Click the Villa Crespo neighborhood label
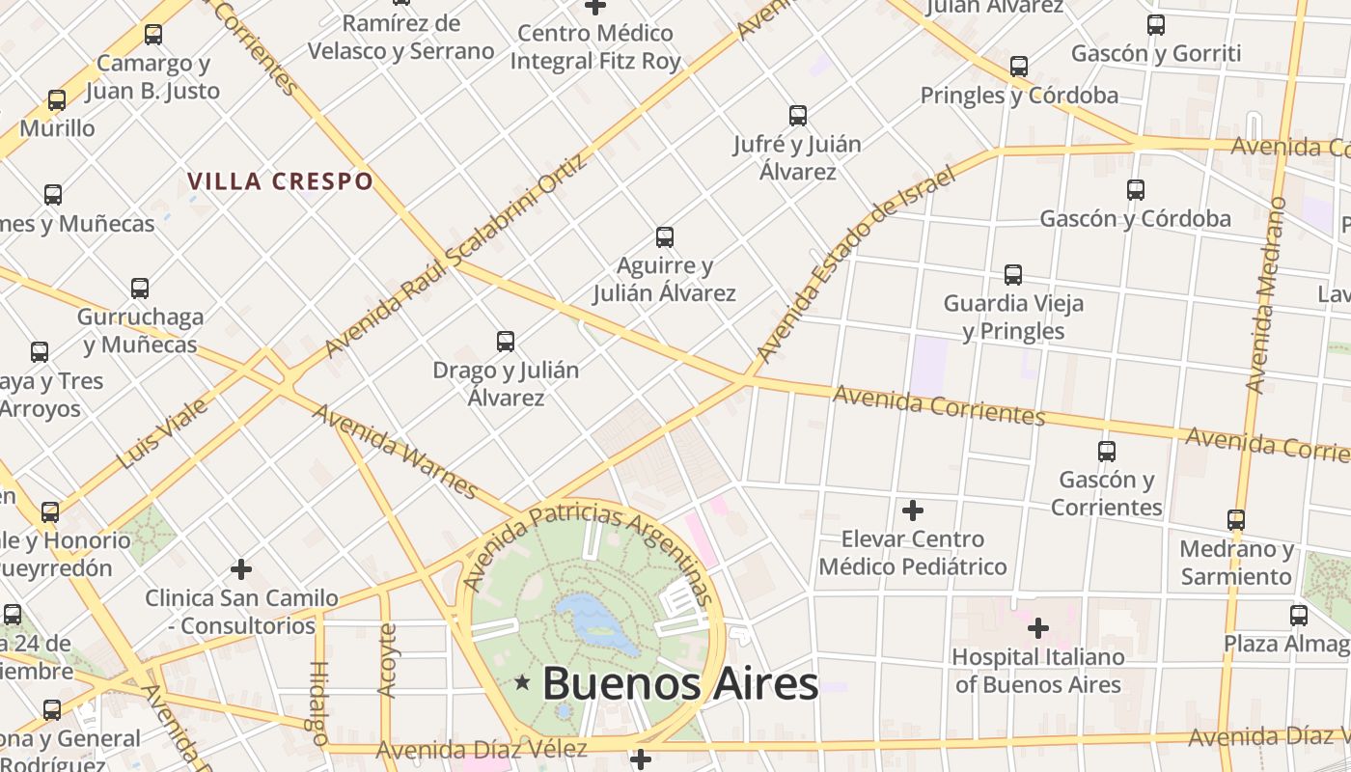(x=280, y=181)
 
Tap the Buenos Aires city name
(x=680, y=683)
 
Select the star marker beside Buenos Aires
(x=523, y=683)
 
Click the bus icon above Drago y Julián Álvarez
(x=505, y=341)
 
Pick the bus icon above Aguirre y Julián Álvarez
(x=664, y=236)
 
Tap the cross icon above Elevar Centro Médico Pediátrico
(x=912, y=510)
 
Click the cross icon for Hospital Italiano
(x=1037, y=629)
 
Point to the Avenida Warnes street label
(x=395, y=452)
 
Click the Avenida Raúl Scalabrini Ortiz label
(x=455, y=255)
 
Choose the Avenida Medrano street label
(x=1267, y=294)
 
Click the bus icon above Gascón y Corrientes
(x=1106, y=451)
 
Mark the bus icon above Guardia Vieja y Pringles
(x=1012, y=274)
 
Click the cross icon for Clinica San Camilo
(x=241, y=569)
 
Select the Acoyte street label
(x=388, y=660)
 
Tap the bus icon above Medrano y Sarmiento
(x=1235, y=519)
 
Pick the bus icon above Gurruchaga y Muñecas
(x=140, y=288)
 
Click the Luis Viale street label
(x=162, y=434)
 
